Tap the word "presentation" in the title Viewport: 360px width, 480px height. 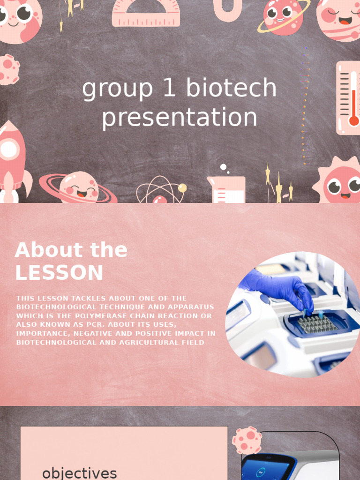coord(180,117)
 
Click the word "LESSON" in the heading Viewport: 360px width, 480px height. coord(59,273)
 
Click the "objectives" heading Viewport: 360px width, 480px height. coord(79,472)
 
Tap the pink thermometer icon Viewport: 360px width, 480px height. coord(349,97)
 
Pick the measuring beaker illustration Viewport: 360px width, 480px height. coord(226,189)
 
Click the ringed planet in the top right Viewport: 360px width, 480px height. coord(283,17)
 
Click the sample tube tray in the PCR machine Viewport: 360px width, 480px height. coord(317,324)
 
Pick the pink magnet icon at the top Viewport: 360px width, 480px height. coord(227,9)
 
